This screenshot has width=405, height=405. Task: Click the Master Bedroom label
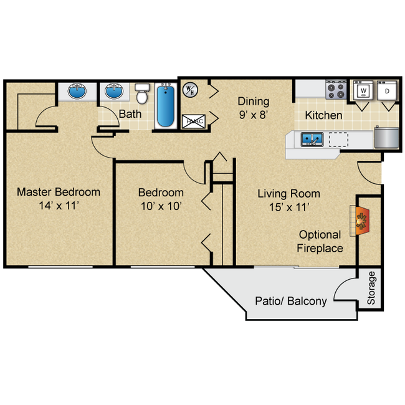(59, 192)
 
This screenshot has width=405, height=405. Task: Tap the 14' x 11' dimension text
(59, 206)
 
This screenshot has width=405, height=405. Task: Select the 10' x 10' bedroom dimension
(161, 207)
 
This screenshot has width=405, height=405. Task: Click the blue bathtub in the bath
(165, 107)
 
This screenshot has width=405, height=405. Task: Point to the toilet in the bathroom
(142, 95)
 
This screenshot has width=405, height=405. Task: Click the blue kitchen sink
(310, 138)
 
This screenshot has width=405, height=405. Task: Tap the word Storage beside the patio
(372, 288)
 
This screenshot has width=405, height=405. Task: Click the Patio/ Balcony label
(290, 302)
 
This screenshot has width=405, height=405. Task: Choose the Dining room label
(253, 101)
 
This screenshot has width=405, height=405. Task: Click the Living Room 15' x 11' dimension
(289, 207)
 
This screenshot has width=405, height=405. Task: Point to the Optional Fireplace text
(320, 242)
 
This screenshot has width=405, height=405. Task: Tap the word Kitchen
(323, 115)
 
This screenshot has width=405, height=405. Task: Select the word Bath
(130, 114)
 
